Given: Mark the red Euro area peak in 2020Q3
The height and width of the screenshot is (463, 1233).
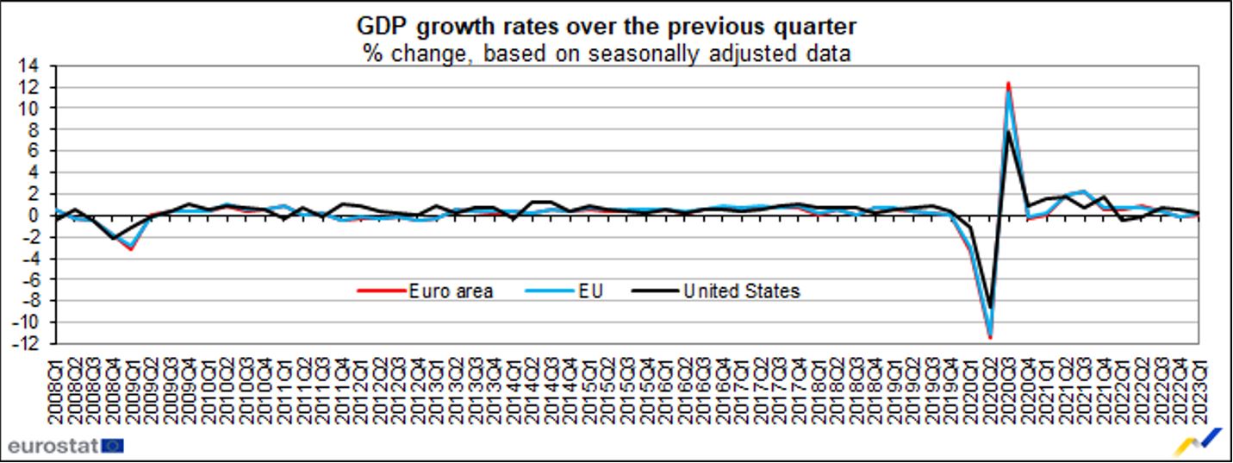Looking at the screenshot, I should pyautogui.click(x=1008, y=83).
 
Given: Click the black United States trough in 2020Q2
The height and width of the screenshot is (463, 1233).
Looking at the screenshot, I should pyautogui.click(x=990, y=307).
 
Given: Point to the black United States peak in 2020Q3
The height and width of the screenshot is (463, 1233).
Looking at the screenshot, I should pyautogui.click(x=1009, y=132).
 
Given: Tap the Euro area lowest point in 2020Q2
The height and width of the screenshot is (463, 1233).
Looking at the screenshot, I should pyautogui.click(x=990, y=337).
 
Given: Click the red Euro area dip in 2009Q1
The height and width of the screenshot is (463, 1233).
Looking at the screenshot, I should pyautogui.click(x=131, y=248).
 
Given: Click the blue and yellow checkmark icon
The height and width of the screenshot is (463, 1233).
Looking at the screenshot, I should pyautogui.click(x=1199, y=441).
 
